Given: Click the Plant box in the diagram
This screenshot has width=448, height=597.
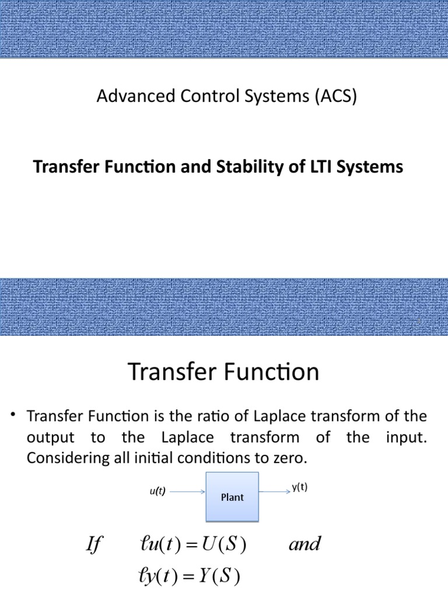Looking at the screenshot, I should (232, 497).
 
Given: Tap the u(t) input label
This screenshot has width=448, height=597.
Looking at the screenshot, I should (157, 491).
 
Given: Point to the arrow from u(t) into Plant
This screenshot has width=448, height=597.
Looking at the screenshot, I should (187, 491).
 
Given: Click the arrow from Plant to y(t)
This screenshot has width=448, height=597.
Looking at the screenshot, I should (275, 491).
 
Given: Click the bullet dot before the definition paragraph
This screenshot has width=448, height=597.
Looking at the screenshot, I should (12, 415).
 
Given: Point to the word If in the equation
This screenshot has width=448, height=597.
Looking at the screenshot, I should (93, 545).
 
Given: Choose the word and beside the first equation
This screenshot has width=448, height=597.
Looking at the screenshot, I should (304, 545).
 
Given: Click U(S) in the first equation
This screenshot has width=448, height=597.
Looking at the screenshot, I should (225, 545).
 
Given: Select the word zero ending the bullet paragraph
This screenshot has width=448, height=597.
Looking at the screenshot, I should (290, 458).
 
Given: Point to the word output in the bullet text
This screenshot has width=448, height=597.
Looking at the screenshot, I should (50, 437).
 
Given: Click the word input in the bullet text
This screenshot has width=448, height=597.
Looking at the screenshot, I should (407, 437).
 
